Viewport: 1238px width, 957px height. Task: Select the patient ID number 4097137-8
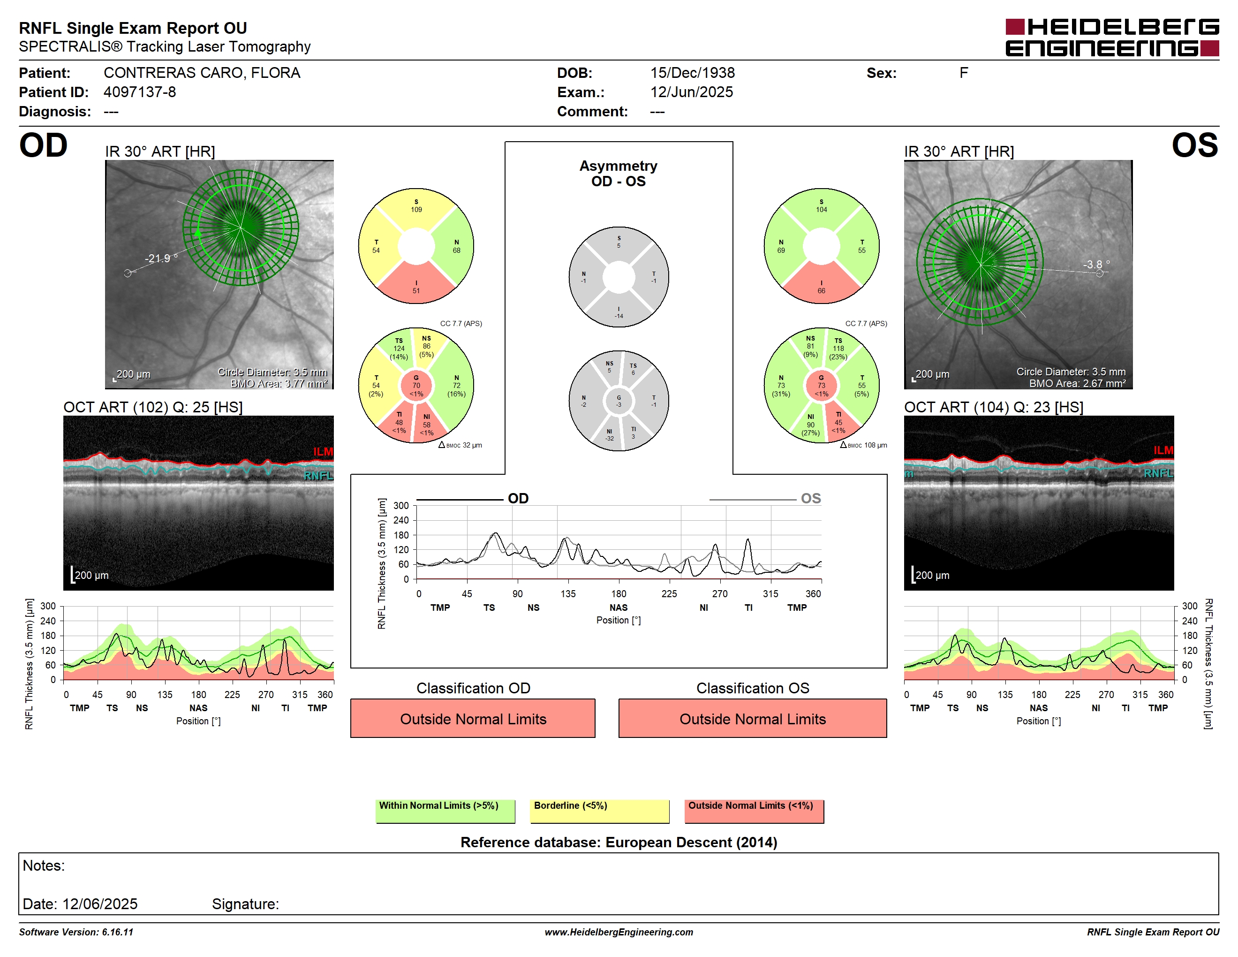pos(139,92)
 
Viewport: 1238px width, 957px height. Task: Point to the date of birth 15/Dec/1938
pos(692,73)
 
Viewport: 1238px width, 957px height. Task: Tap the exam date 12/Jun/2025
pos(692,92)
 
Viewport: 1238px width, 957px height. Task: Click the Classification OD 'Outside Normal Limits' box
pos(473,718)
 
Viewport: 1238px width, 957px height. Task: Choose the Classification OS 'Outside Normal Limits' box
pos(752,718)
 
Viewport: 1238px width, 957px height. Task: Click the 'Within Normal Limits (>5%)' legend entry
pos(445,811)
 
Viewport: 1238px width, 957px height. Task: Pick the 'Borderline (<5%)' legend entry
pos(600,811)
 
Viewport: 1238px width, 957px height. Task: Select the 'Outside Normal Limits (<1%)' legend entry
pos(754,811)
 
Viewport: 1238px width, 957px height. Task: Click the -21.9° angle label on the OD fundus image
pos(161,258)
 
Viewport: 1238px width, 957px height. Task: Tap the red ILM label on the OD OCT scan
pos(323,451)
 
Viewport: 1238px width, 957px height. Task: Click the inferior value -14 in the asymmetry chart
pos(619,316)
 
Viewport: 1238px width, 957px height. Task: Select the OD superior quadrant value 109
pos(416,209)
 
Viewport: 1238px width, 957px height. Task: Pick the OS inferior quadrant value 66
pos(822,291)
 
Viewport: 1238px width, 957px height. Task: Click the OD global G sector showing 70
pos(416,386)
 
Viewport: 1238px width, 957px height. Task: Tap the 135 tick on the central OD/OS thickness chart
pos(568,593)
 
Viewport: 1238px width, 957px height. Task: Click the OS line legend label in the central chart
pos(811,498)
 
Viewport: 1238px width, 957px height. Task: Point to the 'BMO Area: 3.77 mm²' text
pos(279,383)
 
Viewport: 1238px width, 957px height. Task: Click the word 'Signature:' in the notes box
pos(245,904)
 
